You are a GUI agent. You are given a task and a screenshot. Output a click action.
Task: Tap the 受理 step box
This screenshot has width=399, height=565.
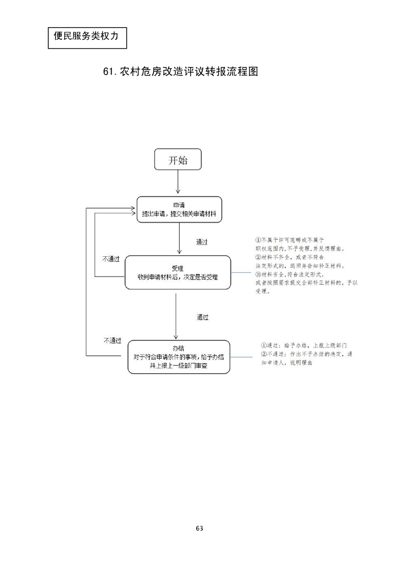pyautogui.click(x=178, y=272)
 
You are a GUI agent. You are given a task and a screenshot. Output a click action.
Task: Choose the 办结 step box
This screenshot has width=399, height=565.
pyautogui.click(x=179, y=357)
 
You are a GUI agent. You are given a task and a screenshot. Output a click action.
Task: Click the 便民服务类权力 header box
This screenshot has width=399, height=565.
pyautogui.click(x=87, y=37)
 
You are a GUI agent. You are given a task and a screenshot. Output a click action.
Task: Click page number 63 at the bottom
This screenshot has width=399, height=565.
pyautogui.click(x=199, y=528)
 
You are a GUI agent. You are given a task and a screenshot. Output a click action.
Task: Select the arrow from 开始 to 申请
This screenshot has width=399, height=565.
pyautogui.click(x=178, y=184)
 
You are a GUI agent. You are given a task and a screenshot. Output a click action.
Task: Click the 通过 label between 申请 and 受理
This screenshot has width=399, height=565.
pyautogui.click(x=202, y=242)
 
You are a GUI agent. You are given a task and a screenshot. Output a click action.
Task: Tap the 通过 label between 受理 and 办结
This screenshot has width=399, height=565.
pyautogui.click(x=202, y=318)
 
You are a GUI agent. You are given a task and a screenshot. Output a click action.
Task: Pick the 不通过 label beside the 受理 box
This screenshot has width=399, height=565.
pyautogui.click(x=111, y=259)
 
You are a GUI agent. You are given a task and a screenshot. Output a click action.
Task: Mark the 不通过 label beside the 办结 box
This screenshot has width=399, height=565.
pyautogui.click(x=112, y=340)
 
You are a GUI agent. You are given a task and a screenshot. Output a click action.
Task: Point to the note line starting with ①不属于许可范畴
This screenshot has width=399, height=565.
pyautogui.click(x=289, y=240)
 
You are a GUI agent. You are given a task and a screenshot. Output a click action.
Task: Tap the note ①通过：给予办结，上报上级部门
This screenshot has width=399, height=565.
pyautogui.click(x=304, y=346)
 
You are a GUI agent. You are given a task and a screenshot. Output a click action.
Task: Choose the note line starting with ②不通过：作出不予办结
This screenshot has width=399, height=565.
pyautogui.click(x=307, y=354)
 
